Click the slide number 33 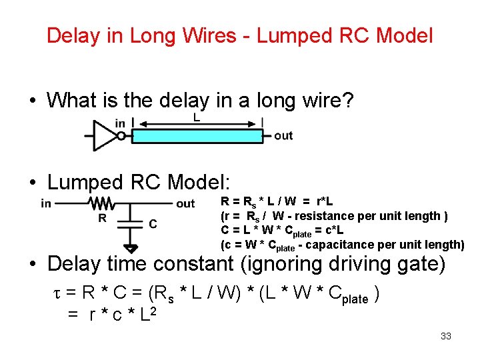(x=446, y=336)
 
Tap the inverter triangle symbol (x=105, y=135)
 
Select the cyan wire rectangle (x=197, y=136)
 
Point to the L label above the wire (x=197, y=117)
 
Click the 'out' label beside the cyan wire (x=283, y=135)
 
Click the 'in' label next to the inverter (x=120, y=123)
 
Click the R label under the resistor (x=102, y=218)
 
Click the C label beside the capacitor (x=153, y=224)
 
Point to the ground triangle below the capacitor (x=131, y=249)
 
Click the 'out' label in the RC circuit (x=185, y=203)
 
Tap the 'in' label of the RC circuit (x=47, y=203)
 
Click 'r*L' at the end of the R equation (x=325, y=201)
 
